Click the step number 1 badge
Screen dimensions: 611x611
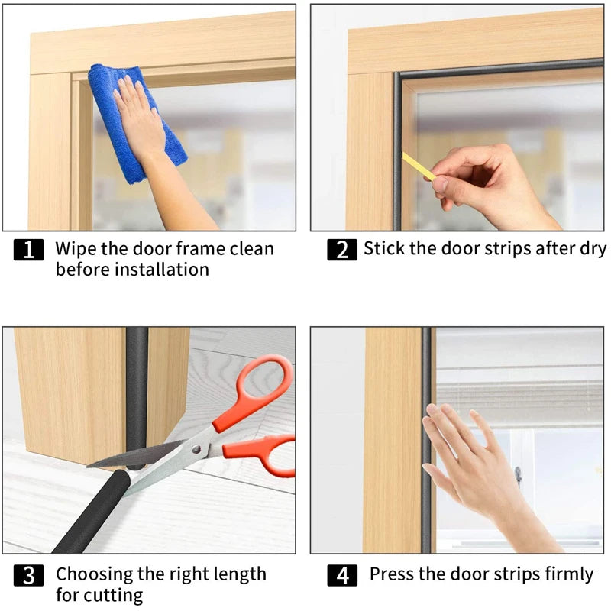click(28, 250)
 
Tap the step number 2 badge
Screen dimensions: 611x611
click(341, 250)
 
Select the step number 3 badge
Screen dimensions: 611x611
click(28, 575)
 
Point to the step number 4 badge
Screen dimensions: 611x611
click(341, 575)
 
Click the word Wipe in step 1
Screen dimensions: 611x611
click(78, 249)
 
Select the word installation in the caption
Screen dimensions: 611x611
click(160, 270)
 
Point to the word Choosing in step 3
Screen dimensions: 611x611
click(95, 574)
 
